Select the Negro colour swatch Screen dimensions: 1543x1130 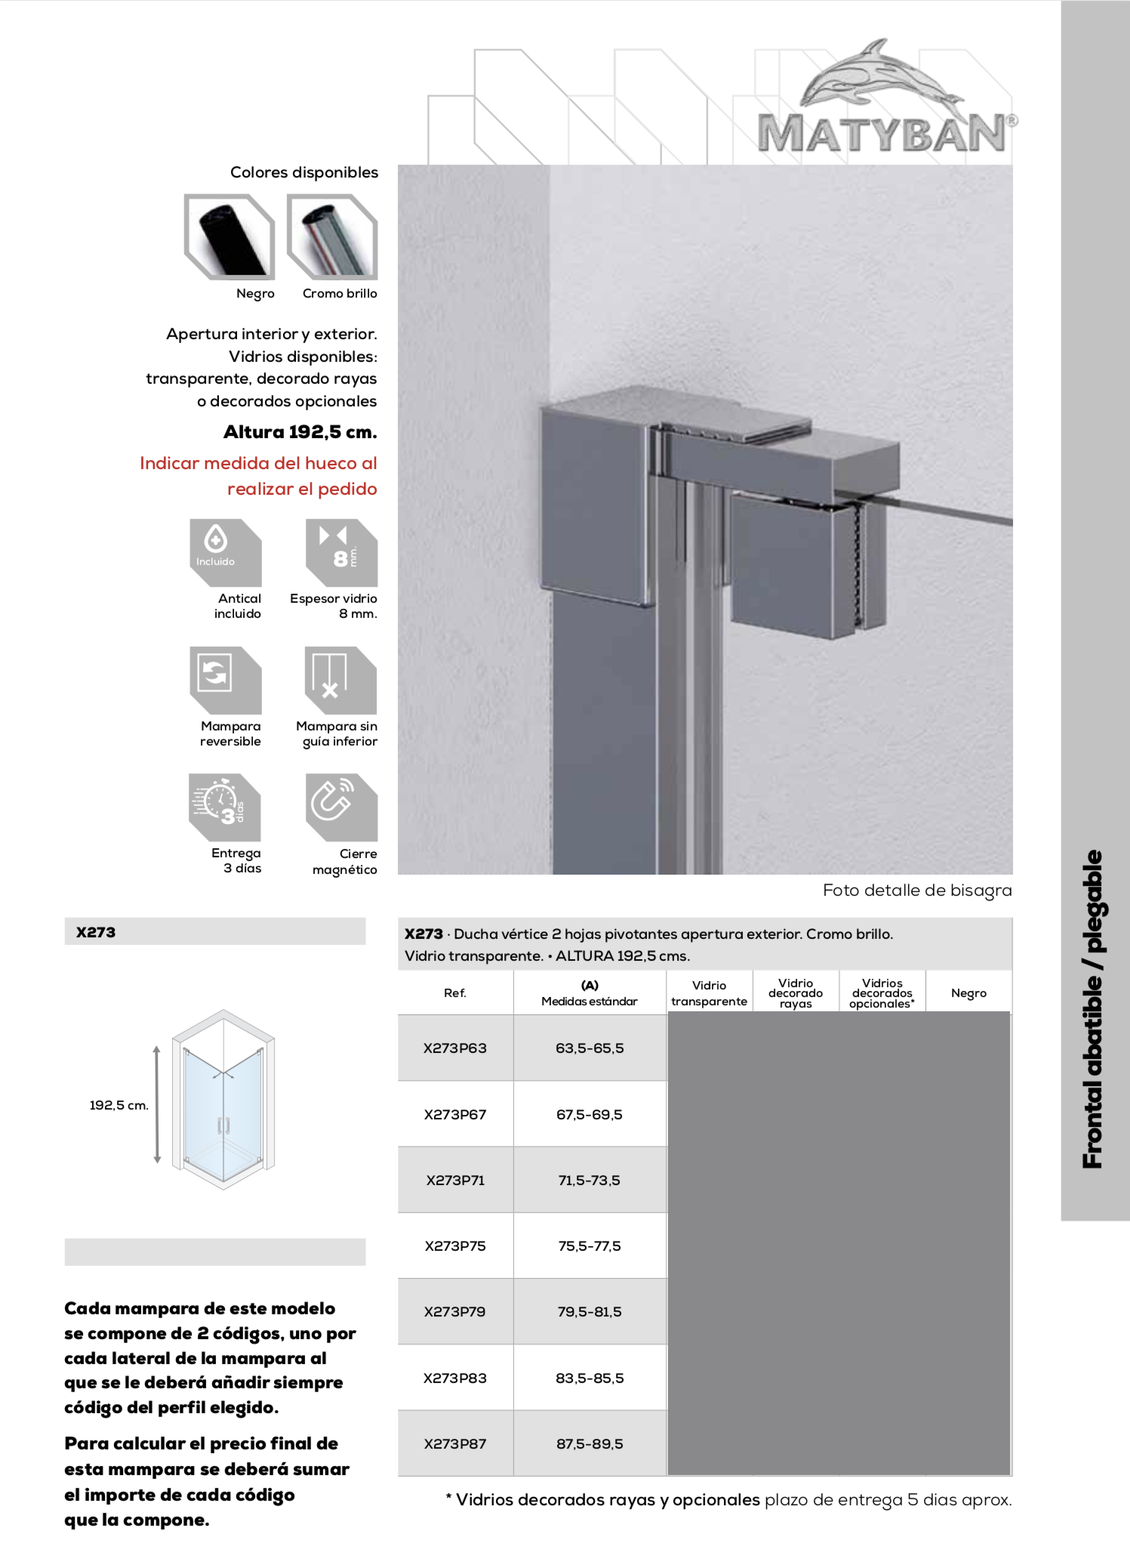coord(229,237)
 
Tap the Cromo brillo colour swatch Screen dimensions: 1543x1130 coord(332,237)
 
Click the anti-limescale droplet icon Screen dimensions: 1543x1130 coord(225,552)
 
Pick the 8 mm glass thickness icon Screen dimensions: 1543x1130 coord(341,552)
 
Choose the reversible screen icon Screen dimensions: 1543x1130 coord(225,680)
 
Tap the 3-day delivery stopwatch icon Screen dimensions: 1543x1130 coord(224,807)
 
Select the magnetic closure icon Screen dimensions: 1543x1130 coord(341,807)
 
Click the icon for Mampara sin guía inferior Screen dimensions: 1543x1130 coord(340,680)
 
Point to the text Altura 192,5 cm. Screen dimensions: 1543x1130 coord(300,432)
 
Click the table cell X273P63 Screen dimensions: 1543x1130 coord(455,1048)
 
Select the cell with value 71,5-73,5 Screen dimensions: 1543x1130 coord(590,1180)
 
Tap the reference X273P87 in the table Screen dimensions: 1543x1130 coord(455,1444)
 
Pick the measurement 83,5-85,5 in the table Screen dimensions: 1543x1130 coord(590,1378)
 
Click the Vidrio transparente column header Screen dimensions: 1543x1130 coord(709,993)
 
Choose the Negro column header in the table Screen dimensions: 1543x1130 coord(968,993)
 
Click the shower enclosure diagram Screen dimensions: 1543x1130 coord(223,1099)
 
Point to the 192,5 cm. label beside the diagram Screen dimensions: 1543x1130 coord(119,1106)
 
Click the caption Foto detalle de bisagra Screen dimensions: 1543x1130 coord(916,890)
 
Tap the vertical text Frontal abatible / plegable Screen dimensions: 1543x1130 coord(1093,1009)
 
